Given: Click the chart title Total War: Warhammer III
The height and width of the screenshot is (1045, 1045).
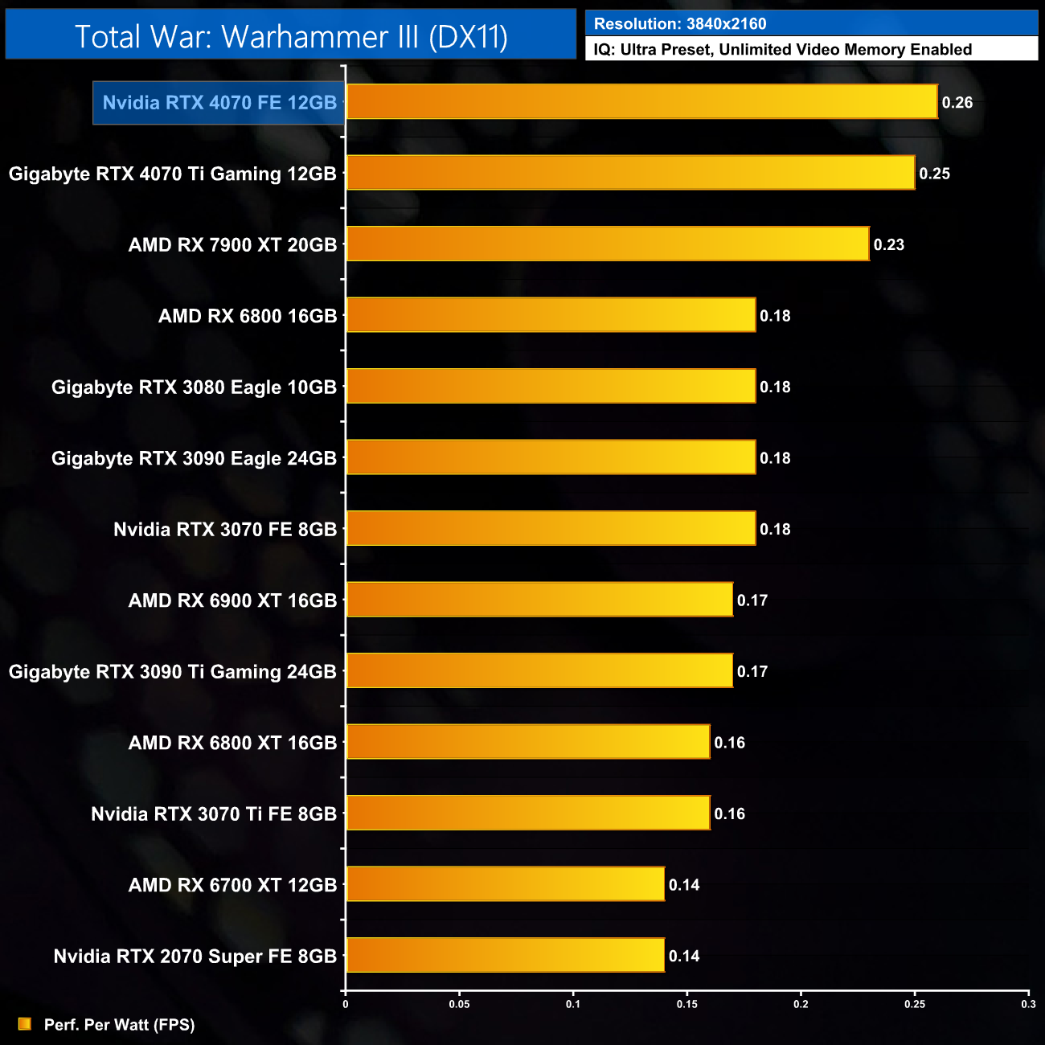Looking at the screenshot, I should [291, 37].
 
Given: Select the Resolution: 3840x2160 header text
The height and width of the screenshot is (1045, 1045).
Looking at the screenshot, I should [680, 24].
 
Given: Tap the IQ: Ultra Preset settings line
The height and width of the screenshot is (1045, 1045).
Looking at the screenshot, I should [782, 50].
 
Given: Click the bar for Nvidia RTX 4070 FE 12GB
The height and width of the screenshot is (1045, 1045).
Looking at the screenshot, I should [641, 102].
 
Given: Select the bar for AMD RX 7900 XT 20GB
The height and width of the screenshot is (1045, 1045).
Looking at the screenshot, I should [608, 244].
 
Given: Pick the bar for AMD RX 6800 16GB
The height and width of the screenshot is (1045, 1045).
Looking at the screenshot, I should [551, 315].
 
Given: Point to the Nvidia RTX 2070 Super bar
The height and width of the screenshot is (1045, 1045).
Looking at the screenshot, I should [505, 955].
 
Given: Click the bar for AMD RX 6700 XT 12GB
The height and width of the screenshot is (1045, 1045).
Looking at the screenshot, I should [505, 884].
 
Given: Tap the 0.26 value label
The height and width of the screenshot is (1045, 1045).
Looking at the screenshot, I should [957, 103].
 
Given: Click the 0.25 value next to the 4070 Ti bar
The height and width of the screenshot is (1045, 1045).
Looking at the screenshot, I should [935, 174].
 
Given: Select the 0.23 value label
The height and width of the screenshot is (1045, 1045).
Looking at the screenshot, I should [889, 245].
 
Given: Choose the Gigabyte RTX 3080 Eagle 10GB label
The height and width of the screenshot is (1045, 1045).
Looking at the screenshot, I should [194, 387].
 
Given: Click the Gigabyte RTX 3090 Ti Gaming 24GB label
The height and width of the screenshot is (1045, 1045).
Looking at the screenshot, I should [172, 672].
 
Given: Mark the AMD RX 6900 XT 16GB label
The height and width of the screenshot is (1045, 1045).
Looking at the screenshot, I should [232, 600].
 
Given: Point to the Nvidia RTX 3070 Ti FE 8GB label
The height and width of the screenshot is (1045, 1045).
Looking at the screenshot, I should [214, 814].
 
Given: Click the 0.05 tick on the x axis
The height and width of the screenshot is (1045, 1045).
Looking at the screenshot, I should [459, 1004].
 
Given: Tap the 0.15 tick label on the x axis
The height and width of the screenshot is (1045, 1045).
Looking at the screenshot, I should [687, 1004].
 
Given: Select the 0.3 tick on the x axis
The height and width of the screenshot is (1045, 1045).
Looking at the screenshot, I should [1028, 1004].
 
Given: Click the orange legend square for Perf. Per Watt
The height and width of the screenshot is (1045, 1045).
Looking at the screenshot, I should [25, 1024].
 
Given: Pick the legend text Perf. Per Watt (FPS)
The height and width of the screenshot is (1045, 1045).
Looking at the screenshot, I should [119, 1025].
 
